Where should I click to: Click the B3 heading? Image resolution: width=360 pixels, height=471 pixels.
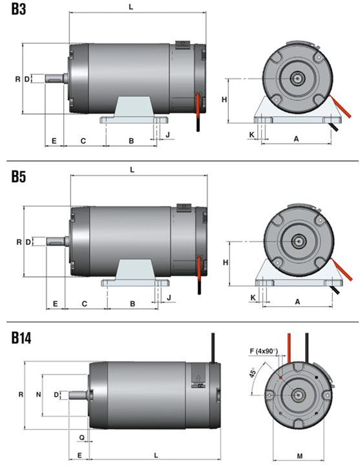pyautogui.click(x=19, y=9)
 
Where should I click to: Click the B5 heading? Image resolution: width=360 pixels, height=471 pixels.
pyautogui.click(x=19, y=176)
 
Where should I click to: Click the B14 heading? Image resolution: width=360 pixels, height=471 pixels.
pyautogui.click(x=21, y=338)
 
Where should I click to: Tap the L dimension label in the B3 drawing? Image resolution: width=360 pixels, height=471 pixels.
pyautogui.click(x=131, y=7)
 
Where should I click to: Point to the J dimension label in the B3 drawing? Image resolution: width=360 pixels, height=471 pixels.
pyautogui.click(x=167, y=134)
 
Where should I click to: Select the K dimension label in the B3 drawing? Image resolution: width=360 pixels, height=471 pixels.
pyautogui.click(x=252, y=135)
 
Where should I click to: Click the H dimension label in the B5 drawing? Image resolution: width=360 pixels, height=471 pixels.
pyautogui.click(x=226, y=262)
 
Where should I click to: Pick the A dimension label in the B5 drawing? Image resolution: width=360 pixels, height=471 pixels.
pyautogui.click(x=297, y=301)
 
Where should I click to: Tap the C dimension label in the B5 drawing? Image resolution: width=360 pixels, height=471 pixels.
pyautogui.click(x=85, y=304)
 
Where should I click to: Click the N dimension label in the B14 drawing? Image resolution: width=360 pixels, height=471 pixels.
pyautogui.click(x=39, y=394)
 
